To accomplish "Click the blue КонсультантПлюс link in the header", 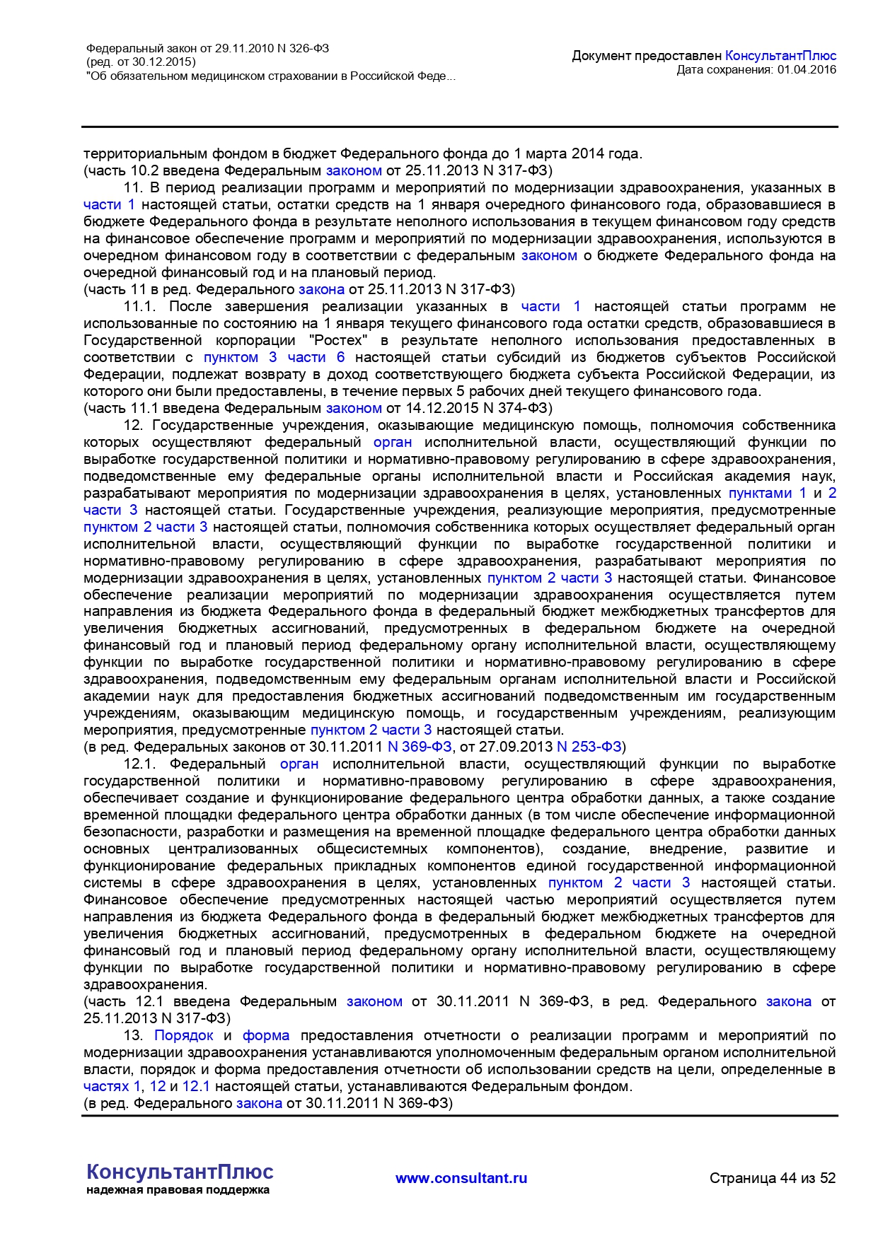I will point(780,55).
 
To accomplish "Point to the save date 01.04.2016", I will point(807,69).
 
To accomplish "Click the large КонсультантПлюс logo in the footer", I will point(180,1172).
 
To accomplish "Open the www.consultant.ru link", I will point(461,1178).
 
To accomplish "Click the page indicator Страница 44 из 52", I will point(773,1178).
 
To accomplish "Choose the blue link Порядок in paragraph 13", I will point(184,1035).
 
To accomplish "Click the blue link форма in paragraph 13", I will point(266,1035).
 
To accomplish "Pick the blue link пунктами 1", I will point(768,493).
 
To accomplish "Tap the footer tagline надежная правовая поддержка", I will point(178,1190).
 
